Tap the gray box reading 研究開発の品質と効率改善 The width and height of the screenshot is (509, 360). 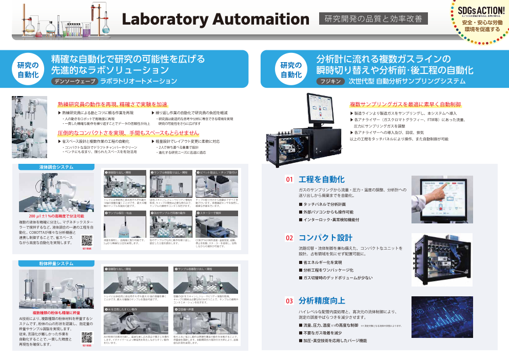click(x=373, y=19)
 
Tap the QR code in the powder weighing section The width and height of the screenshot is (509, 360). click(x=87, y=337)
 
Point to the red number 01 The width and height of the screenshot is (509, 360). click(x=289, y=180)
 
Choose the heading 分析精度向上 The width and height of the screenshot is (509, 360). click(x=322, y=301)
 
